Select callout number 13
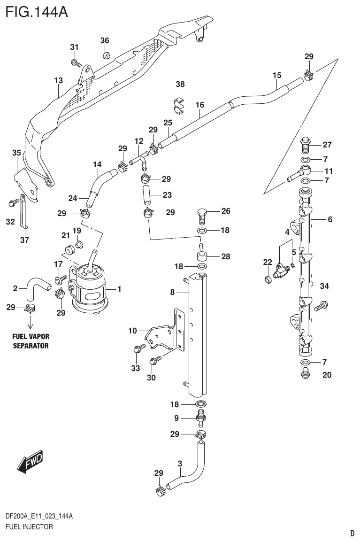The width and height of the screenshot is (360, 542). [58, 81]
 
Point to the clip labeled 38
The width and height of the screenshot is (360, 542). [178, 106]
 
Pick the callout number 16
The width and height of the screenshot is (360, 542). [200, 105]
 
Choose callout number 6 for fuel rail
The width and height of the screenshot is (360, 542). [330, 219]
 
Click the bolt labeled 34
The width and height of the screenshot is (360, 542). [321, 306]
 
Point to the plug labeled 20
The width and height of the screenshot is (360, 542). [306, 374]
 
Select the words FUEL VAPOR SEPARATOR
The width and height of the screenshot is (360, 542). [31, 341]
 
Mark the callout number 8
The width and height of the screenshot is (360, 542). [172, 292]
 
